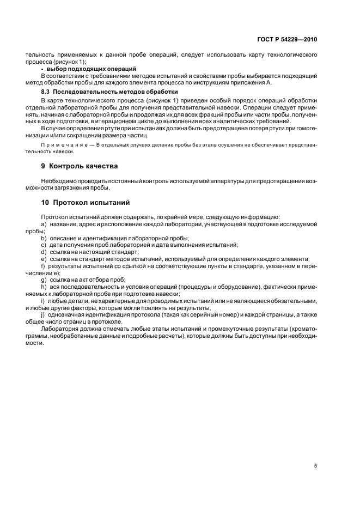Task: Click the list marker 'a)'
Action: coord(44,224)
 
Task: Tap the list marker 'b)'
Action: coord(44,238)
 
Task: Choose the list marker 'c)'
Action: coord(44,245)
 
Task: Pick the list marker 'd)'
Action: coord(44,252)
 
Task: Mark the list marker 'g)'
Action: coord(44,279)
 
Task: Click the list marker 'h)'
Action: coord(44,286)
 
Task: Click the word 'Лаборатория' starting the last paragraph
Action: coord(59,329)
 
